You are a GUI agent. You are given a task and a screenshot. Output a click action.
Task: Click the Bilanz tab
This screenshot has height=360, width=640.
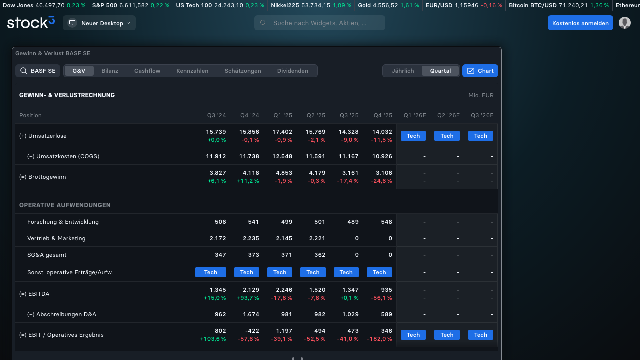(110, 71)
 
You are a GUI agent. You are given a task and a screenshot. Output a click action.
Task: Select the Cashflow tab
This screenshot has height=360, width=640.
(147, 71)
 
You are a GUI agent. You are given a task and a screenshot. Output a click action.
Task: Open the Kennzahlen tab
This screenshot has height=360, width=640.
(192, 71)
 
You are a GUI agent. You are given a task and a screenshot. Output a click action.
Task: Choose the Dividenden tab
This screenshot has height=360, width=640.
(293, 71)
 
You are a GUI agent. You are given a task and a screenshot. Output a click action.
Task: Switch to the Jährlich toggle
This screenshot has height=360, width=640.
(403, 71)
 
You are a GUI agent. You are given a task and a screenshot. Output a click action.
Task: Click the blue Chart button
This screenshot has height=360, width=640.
(480, 71)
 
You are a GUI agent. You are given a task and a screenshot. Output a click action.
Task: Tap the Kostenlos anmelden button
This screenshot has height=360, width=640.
(580, 23)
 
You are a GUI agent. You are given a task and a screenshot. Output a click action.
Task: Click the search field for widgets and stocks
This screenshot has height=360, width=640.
(319, 23)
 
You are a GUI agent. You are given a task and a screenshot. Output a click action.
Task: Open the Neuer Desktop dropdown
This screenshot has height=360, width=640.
(99, 23)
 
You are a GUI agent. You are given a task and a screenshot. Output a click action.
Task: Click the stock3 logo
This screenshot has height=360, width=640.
(31, 22)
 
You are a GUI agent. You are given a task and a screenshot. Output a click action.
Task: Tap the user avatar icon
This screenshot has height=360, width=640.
(625, 23)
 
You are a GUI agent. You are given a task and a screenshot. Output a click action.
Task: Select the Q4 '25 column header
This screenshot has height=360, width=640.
(383, 115)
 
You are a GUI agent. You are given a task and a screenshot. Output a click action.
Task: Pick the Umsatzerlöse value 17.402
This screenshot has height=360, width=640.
(282, 132)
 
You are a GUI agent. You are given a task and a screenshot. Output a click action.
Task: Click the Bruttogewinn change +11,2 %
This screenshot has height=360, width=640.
(248, 181)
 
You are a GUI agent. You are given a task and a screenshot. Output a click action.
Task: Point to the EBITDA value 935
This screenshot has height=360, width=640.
(386, 290)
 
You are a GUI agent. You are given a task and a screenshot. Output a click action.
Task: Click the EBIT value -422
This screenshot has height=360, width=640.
(252, 331)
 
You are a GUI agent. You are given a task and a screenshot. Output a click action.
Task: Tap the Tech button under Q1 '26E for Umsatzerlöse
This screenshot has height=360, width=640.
(413, 136)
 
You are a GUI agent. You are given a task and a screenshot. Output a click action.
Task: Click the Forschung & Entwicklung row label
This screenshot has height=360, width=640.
(63, 222)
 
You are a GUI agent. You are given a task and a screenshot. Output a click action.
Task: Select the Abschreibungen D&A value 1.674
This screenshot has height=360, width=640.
(251, 314)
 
